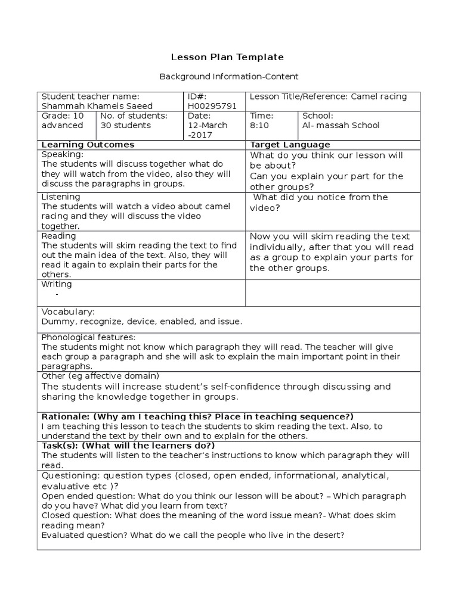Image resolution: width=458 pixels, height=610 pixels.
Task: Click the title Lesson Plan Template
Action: tap(228, 57)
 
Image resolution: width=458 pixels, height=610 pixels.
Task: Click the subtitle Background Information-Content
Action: tap(228, 77)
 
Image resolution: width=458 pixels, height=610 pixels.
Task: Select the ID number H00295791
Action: tap(212, 106)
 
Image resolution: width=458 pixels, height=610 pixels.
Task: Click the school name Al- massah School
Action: tap(341, 125)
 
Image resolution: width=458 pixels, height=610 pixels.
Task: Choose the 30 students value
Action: tap(126, 125)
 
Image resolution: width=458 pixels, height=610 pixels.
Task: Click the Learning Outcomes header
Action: tap(88, 145)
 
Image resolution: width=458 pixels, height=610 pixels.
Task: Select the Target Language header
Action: tap(290, 145)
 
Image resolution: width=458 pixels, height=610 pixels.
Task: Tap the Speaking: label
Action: tap(62, 154)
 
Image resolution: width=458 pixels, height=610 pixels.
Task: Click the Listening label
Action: tap(61, 197)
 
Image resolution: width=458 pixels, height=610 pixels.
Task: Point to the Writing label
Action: tap(57, 284)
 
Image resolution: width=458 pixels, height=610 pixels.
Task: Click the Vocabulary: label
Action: tap(68, 312)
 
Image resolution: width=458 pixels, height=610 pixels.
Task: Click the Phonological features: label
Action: tap(88, 337)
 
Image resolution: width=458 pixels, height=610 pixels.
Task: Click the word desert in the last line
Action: tap(328, 535)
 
